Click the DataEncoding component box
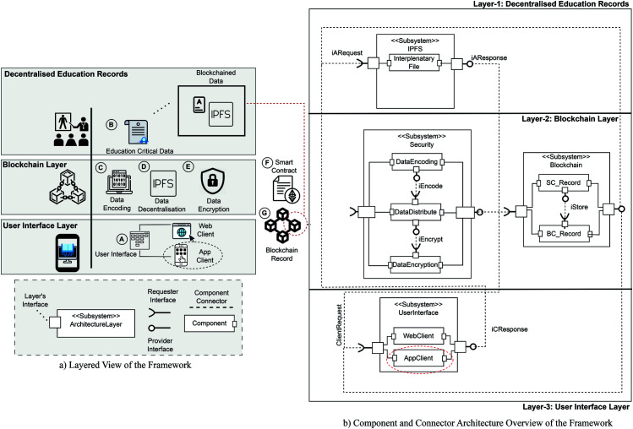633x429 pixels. [417, 162]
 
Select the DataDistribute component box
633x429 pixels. [416, 212]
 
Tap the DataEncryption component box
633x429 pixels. [416, 264]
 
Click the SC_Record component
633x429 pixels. [563, 182]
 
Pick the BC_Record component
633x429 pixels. [564, 234]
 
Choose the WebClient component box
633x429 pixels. [418, 336]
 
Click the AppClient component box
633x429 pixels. [418, 358]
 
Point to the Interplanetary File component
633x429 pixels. [414, 62]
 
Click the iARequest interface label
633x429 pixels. [347, 53]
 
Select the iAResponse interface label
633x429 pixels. [488, 57]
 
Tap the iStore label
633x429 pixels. [579, 207]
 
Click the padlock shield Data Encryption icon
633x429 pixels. [213, 181]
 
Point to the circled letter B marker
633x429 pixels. [112, 124]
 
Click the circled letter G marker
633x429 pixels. [265, 213]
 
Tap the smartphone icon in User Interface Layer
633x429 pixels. [68, 253]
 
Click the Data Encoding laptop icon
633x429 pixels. [118, 182]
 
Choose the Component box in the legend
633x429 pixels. [210, 323]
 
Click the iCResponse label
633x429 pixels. [510, 329]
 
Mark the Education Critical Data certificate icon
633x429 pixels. [138, 132]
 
